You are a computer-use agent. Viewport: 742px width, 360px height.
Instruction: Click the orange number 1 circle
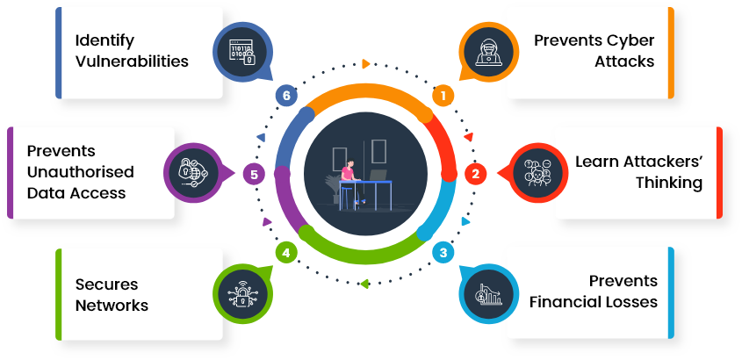click(443, 96)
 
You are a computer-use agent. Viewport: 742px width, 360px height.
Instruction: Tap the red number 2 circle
click(475, 174)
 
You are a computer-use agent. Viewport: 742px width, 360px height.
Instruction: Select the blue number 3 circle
click(443, 253)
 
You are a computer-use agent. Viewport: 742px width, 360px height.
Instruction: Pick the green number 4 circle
click(285, 253)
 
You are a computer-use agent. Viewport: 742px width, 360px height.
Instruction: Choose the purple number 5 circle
click(254, 175)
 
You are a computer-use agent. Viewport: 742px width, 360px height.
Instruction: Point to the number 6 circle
click(285, 96)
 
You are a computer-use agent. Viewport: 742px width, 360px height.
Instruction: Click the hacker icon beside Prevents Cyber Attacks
click(489, 52)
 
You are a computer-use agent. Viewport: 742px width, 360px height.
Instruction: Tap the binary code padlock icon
click(241, 52)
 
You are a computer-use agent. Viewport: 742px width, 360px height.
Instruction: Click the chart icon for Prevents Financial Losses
click(489, 295)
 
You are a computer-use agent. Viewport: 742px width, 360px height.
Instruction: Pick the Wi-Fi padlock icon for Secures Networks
click(241, 295)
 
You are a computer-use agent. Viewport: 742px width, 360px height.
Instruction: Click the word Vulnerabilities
click(132, 61)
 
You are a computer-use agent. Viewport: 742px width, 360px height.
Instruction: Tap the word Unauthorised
click(81, 172)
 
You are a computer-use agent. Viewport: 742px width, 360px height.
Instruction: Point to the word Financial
click(559, 301)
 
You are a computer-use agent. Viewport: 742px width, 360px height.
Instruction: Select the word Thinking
click(668, 184)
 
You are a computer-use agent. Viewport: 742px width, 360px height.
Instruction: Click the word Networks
click(112, 306)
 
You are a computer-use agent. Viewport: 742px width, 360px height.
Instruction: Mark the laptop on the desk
click(378, 175)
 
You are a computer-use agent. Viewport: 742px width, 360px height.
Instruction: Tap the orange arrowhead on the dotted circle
click(365, 64)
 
